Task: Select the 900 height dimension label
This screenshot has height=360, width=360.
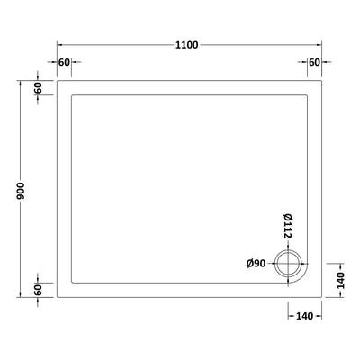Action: [x=19, y=188]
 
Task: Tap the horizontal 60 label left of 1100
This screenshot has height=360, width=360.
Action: [x=64, y=61]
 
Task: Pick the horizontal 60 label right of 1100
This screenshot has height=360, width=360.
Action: [x=314, y=61]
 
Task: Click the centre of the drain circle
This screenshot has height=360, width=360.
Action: [x=289, y=263]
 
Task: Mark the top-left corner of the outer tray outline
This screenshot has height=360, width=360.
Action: [x=58, y=79]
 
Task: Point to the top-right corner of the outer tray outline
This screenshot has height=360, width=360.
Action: [x=321, y=79]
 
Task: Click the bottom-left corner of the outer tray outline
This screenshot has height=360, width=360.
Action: [x=58, y=298]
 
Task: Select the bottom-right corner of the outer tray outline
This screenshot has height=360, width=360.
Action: [x=321, y=298]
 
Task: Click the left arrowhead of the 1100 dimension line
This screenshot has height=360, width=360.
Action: [x=60, y=44]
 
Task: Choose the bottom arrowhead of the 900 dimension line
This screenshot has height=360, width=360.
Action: [x=19, y=295]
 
